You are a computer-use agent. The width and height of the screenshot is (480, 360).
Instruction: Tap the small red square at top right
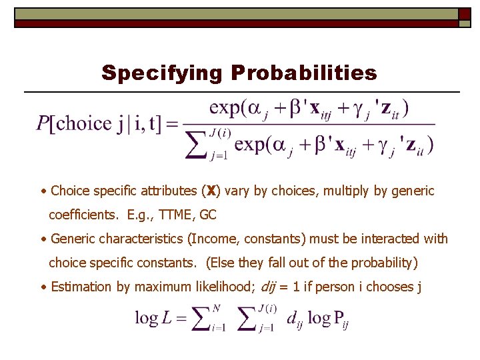click(464, 14)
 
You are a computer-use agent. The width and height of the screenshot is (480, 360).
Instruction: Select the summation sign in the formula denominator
click(196, 145)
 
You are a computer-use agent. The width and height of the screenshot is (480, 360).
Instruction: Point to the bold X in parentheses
click(211, 191)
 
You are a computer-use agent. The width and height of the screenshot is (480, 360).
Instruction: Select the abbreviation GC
click(208, 215)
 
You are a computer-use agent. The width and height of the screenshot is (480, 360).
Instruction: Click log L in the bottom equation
click(153, 318)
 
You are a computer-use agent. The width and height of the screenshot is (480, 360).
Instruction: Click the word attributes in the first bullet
click(169, 191)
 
